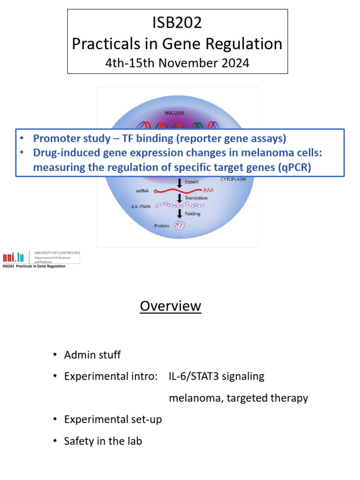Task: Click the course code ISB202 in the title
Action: [177, 23]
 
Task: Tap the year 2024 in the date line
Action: [232, 63]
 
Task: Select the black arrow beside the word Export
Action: [179, 182]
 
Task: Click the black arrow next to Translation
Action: [179, 198]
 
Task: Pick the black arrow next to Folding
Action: [179, 214]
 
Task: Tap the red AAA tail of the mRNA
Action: [211, 190]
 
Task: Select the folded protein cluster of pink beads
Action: [179, 225]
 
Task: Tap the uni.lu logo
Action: [14, 256]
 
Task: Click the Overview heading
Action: [170, 306]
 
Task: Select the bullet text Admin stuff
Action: [92, 355]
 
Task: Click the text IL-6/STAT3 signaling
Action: [217, 376]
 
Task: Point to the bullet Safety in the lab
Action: [103, 441]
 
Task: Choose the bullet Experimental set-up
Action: [112, 420]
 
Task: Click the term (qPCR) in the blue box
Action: [292, 167]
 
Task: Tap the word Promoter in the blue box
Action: [52, 139]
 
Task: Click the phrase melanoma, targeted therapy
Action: [238, 398]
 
